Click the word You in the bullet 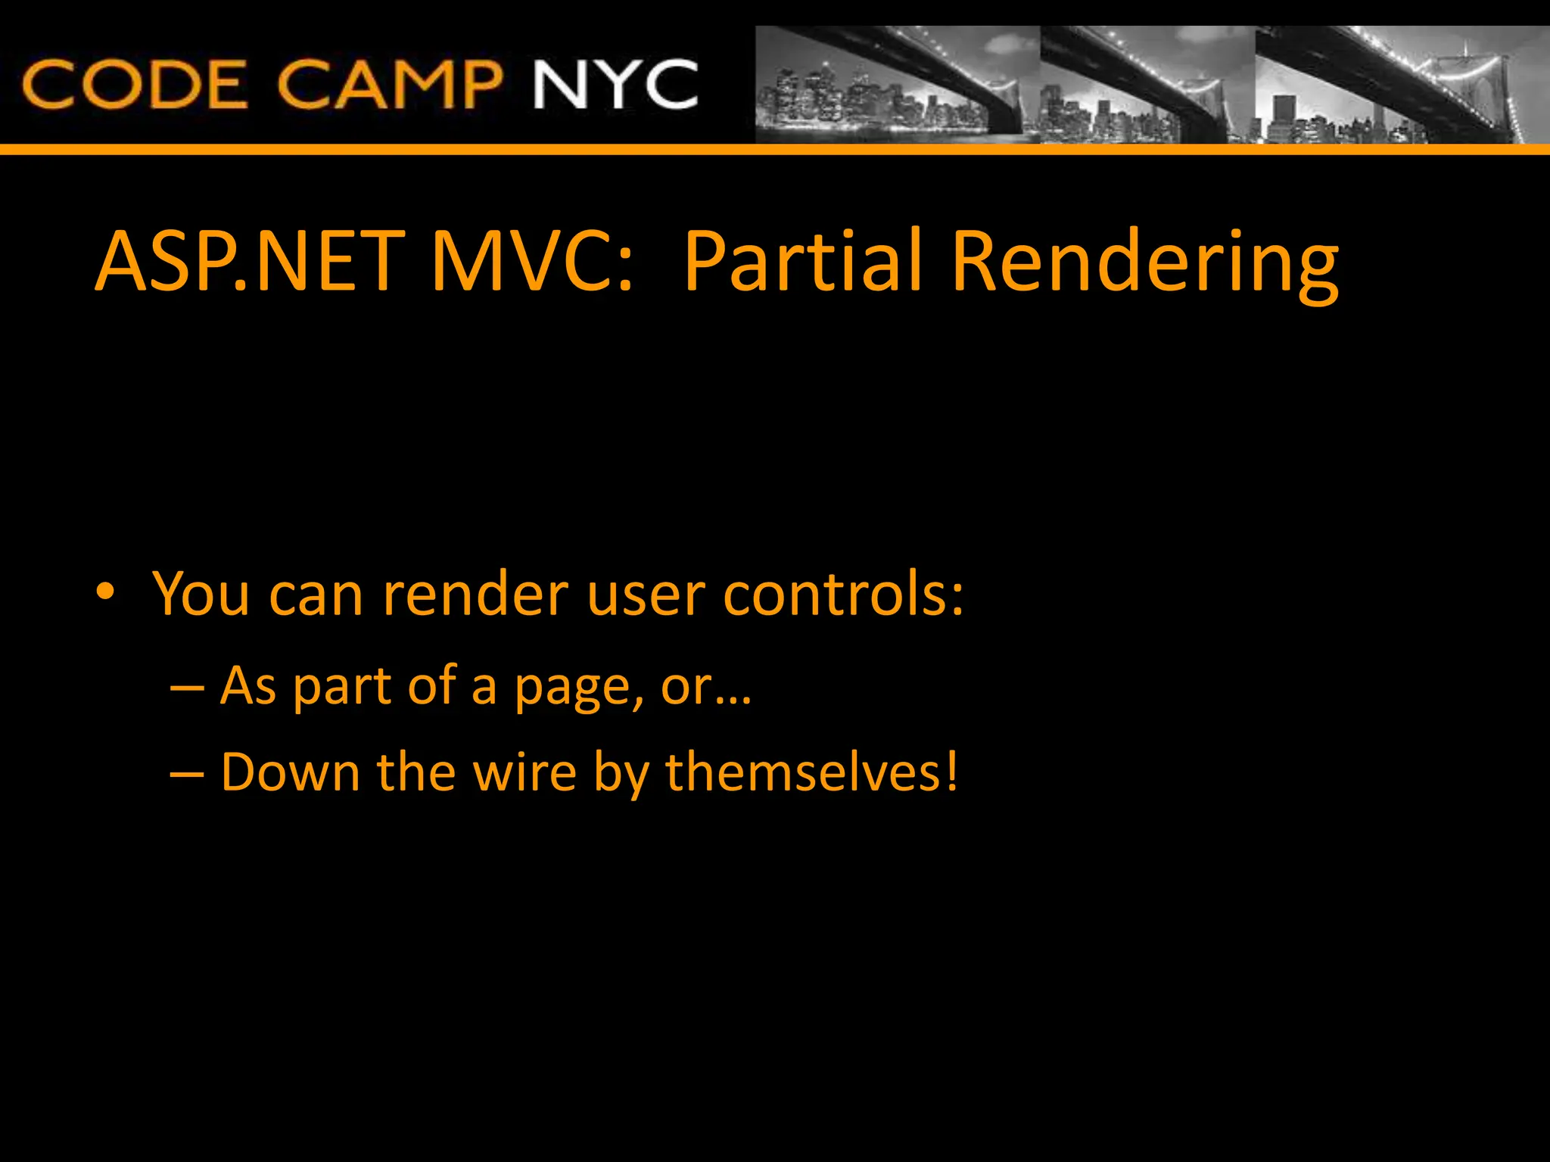point(201,595)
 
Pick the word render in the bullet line point(475,595)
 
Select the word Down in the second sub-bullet point(290,772)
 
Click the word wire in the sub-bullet point(524,772)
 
